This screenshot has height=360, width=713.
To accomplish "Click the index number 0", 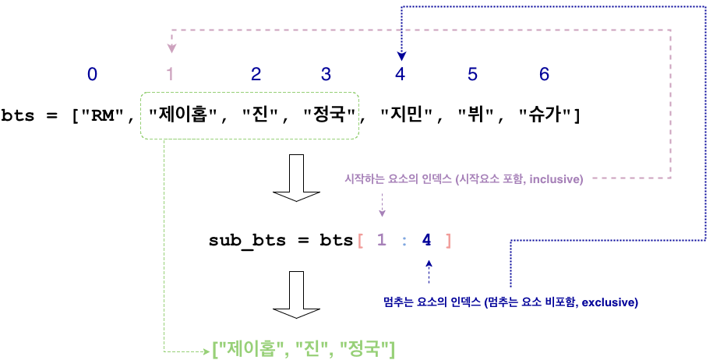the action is coord(93,75).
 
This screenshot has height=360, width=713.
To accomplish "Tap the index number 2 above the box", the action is coord(256,75).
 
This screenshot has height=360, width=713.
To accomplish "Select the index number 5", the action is coord(472,75).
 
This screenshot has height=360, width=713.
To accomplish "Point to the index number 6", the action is coord(544,75).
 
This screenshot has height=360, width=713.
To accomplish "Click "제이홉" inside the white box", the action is coord(182,115).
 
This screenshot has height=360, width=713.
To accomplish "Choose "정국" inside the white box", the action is coord(330,115).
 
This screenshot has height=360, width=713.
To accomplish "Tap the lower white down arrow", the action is coord(296,295).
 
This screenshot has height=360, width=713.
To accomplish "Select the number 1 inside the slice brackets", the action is coord(381,241).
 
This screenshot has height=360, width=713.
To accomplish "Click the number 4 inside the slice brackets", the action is coord(426,241).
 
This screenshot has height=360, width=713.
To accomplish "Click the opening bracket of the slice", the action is coord(360,241).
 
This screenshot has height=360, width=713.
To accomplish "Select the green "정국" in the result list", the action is coord(367,348).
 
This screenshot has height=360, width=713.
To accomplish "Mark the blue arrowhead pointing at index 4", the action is coord(401,56).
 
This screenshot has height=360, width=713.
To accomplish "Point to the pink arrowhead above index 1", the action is coord(171,49).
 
